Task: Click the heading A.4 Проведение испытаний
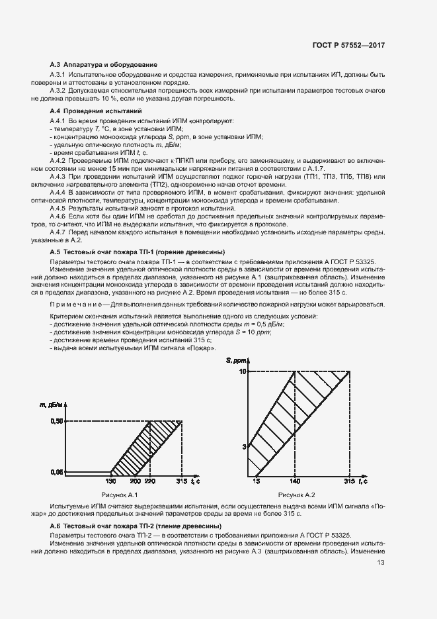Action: coord(96,111)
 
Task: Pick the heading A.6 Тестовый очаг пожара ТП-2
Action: coord(136,525)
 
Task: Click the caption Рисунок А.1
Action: coord(118,495)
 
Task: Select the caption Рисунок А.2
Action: coord(297,495)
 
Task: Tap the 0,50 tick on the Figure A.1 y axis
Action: coord(57,421)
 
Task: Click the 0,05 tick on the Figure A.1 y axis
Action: coord(57,471)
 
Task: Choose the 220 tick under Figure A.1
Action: coord(149,481)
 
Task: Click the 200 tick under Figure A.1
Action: coord(135,481)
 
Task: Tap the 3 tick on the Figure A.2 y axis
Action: coord(243,447)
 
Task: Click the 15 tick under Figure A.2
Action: coord(255,481)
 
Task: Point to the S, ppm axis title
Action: coord(235,359)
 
